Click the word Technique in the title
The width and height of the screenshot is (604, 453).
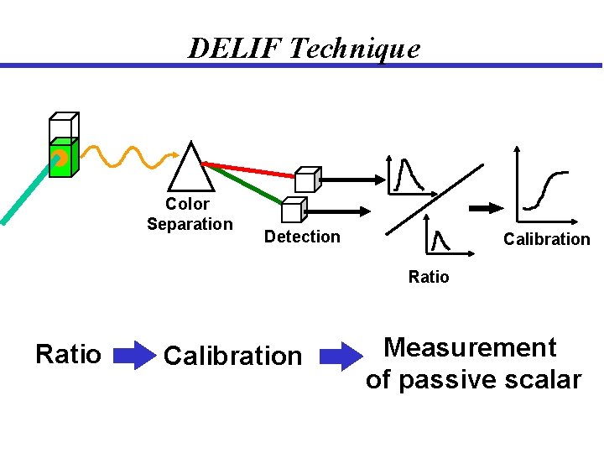(353, 49)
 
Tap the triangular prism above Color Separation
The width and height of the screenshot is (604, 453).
(193, 169)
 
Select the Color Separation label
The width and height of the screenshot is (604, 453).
(190, 214)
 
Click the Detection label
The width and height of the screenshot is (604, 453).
(302, 237)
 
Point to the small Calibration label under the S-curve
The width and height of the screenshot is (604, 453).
(546, 239)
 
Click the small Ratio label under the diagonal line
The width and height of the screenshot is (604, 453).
(429, 277)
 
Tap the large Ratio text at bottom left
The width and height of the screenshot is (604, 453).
(68, 355)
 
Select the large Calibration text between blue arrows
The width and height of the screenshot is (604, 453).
(232, 356)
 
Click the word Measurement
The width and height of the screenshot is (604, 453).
(470, 347)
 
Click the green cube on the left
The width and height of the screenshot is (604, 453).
(62, 158)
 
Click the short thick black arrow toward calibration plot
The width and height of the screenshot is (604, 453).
(482, 208)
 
